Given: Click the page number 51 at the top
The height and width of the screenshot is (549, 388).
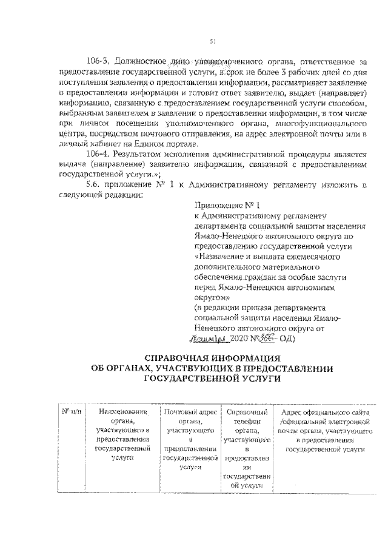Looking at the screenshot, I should (213, 41).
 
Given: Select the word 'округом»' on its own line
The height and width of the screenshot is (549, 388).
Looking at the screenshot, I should (212, 298).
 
